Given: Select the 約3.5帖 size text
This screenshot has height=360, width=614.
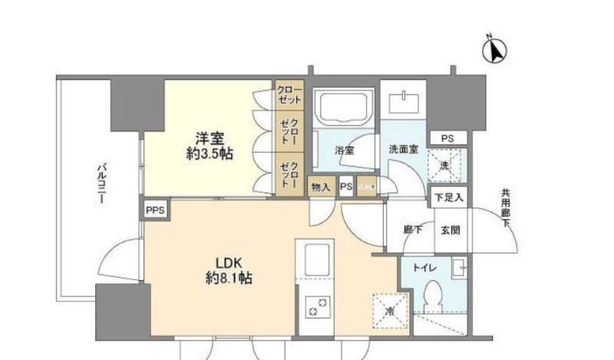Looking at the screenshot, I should pos(210,154).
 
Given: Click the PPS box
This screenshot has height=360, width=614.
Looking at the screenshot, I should pos(153,209).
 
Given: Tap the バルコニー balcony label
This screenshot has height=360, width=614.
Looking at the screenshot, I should pos(101,182).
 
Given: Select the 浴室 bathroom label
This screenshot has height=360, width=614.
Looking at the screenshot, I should pos(344,150).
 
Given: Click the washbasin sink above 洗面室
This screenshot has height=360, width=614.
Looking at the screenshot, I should pos(403,103).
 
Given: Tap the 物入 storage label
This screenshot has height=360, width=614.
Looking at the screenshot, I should pos(321,187).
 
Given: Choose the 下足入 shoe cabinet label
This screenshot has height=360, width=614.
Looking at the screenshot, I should pos(448,197).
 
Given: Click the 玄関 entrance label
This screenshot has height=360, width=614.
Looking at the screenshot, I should pos(450,229).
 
